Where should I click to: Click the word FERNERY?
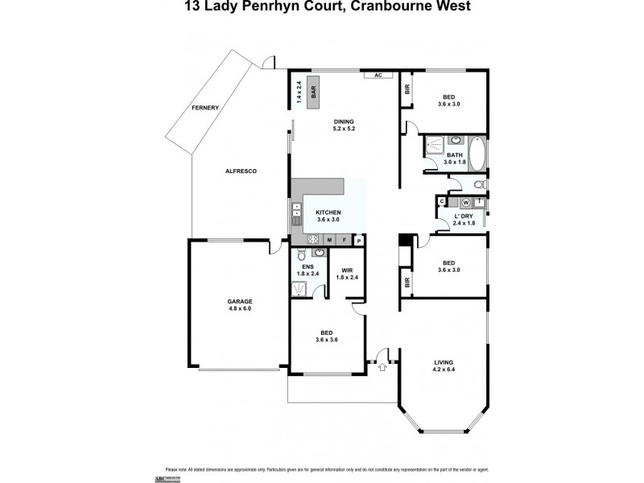tap(205, 107)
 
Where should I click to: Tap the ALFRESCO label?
tap(240, 171)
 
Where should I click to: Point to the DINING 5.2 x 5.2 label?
tap(344, 125)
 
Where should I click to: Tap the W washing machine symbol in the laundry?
tap(466, 202)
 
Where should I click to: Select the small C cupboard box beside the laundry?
tap(441, 201)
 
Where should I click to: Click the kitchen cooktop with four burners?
tap(312, 239)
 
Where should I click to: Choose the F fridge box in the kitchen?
tap(345, 239)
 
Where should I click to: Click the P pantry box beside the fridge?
tap(358, 239)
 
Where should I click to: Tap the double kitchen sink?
tap(295, 216)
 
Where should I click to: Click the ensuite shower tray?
tap(296, 287)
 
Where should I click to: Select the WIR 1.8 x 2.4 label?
tap(348, 274)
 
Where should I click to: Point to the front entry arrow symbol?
tap(382, 367)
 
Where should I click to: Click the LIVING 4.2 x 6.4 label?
tap(444, 366)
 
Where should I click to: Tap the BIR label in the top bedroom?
tap(407, 90)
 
